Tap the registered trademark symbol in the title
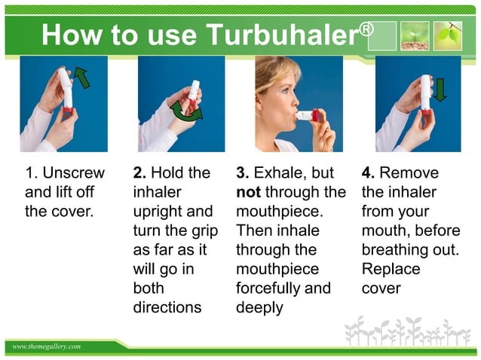(x=366, y=29)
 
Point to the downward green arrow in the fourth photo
(x=440, y=88)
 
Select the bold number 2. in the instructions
(x=139, y=173)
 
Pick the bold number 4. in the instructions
(x=369, y=173)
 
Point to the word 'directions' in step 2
(x=167, y=307)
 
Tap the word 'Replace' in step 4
(x=391, y=269)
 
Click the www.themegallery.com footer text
(x=46, y=346)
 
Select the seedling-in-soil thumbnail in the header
(x=414, y=35)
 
